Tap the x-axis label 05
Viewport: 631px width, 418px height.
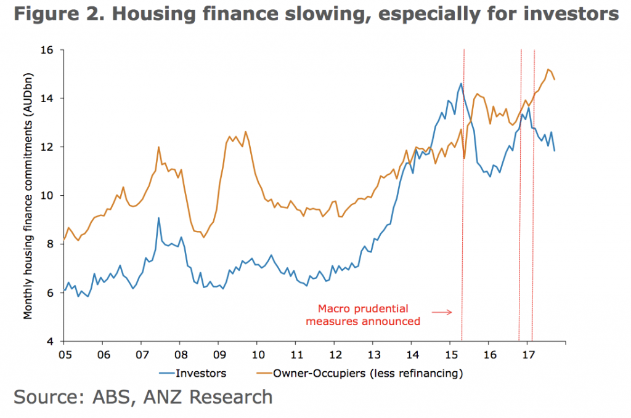[64, 355]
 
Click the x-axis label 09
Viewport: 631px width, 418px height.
[218, 355]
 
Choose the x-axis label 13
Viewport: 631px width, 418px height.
[373, 355]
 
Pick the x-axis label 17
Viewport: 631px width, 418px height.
[527, 355]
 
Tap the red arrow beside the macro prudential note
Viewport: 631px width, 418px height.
[442, 313]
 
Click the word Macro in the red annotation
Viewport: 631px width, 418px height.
[330, 308]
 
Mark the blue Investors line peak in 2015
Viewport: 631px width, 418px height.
[460, 84]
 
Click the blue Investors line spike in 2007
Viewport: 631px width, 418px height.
[158, 218]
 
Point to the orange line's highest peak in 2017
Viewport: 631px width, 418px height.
[548, 70]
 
